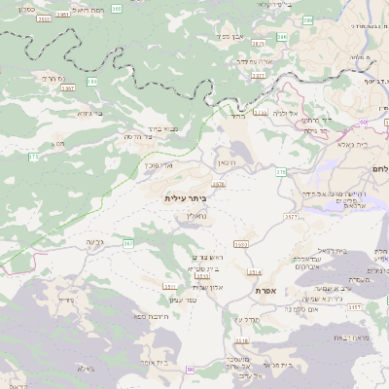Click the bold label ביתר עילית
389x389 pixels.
point(187,197)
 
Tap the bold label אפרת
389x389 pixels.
point(269,292)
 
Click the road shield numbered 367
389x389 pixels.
point(127,243)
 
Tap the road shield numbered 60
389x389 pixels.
point(362,122)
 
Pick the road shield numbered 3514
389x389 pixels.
point(255,271)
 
